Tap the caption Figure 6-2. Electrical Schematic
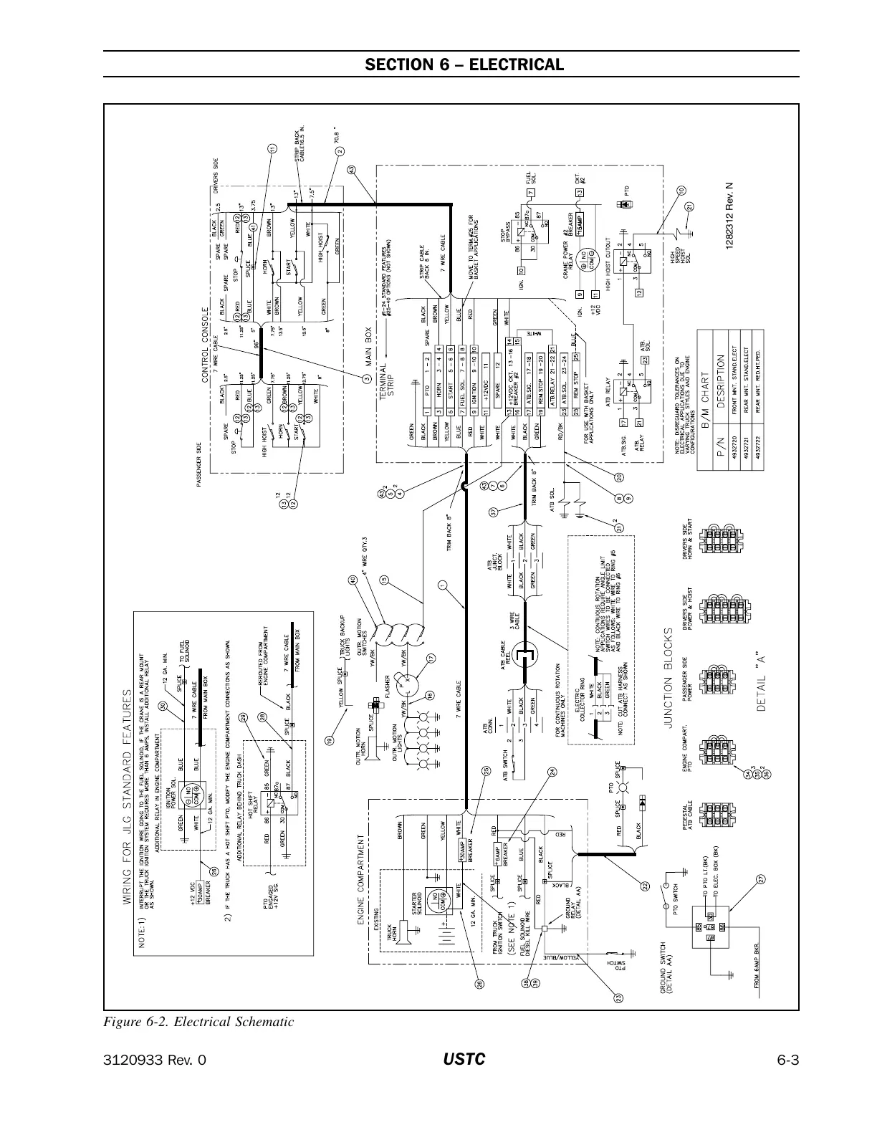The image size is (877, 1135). click(x=199, y=1022)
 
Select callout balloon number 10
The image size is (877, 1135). click(x=681, y=190)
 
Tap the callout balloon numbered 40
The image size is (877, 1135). click(x=353, y=580)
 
